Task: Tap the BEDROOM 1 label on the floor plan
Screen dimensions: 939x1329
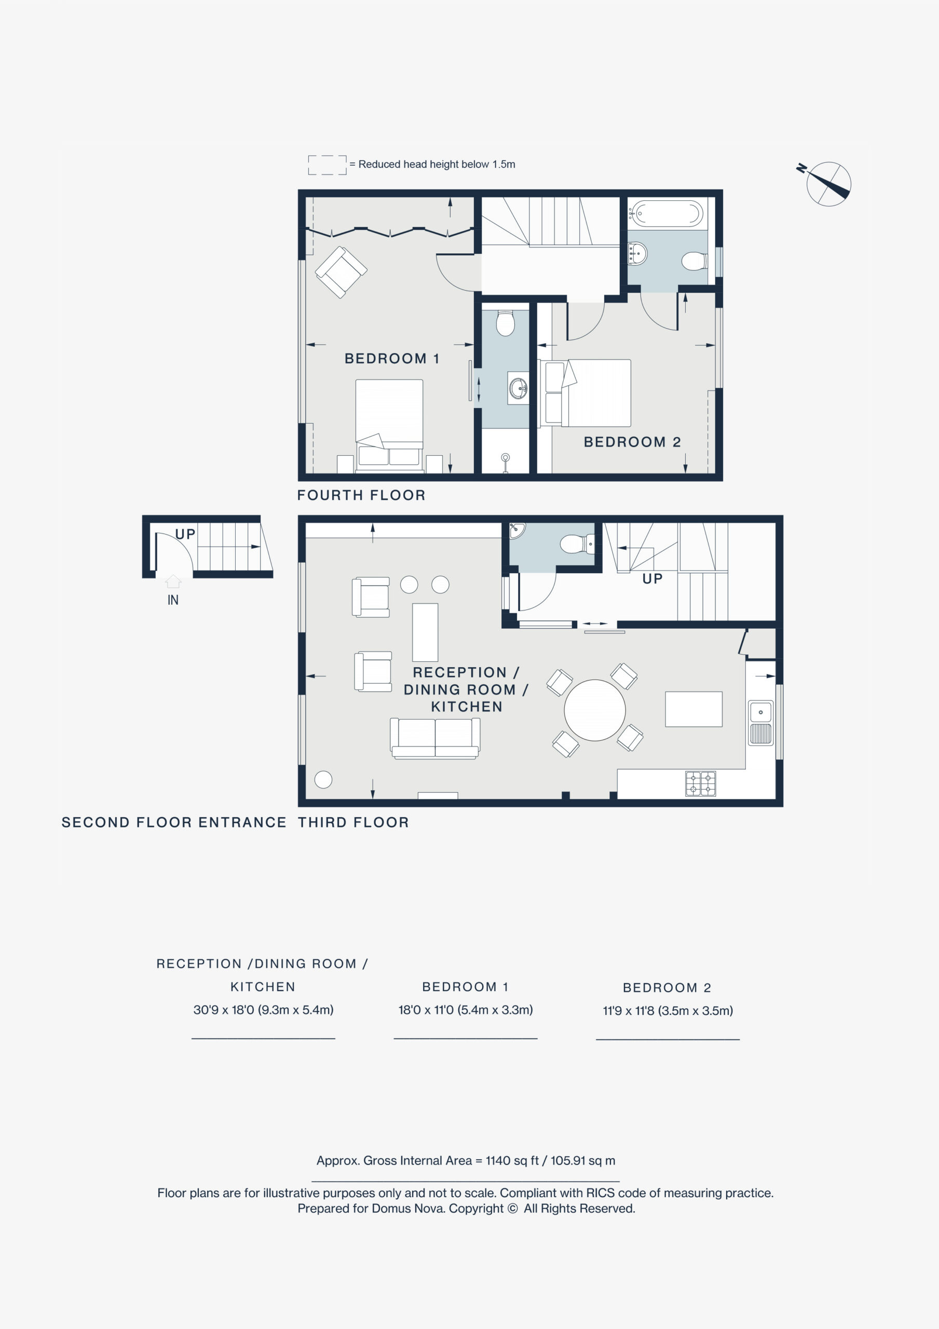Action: click(392, 359)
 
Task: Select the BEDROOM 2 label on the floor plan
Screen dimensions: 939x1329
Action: click(632, 442)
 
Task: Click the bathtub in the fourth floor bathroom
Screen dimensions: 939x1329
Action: click(666, 213)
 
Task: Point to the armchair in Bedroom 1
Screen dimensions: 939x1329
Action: click(341, 272)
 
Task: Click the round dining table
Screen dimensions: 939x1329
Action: click(594, 710)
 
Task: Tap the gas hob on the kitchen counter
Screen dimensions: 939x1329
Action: click(701, 784)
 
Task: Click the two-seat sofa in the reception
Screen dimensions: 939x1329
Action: click(435, 738)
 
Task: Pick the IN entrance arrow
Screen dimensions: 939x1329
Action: click(173, 581)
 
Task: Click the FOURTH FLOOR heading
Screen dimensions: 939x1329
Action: click(361, 495)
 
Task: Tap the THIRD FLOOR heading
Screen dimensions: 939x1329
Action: click(353, 822)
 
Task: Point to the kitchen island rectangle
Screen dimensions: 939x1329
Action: click(693, 709)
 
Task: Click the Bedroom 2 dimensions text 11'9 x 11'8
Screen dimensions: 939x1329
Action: click(668, 1011)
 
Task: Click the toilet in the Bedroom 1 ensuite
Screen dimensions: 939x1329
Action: click(506, 323)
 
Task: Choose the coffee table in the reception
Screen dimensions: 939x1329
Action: click(425, 632)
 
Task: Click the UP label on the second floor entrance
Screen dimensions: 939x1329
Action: click(185, 534)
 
